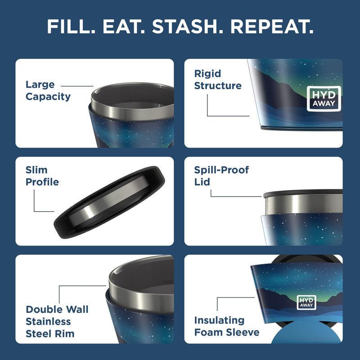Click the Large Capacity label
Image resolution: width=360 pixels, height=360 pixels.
[x=48, y=90]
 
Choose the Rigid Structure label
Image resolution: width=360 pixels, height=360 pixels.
[x=218, y=80]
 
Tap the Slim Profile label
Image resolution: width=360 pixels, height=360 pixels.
[x=42, y=176]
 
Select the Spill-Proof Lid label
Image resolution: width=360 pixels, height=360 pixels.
[x=221, y=176]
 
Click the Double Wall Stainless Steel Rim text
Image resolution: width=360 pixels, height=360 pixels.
[x=57, y=321]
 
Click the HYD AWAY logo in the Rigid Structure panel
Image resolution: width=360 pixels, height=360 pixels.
[x=324, y=99]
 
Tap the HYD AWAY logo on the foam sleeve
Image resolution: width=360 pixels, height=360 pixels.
[x=306, y=302]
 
